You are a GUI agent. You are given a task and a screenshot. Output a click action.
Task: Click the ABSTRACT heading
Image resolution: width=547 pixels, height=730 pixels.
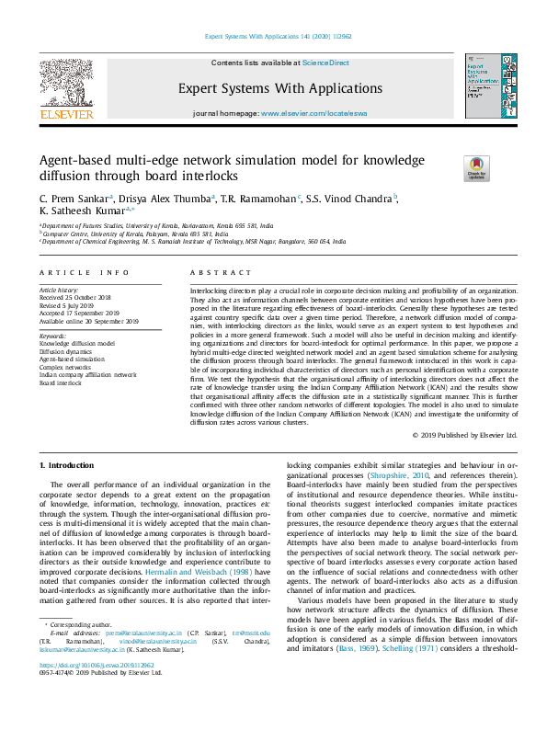tap(221, 273)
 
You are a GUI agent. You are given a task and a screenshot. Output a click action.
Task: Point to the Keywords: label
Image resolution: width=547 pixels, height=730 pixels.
tap(53, 336)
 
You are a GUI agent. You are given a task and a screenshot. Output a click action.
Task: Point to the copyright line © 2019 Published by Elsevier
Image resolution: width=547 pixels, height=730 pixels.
tap(465, 434)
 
